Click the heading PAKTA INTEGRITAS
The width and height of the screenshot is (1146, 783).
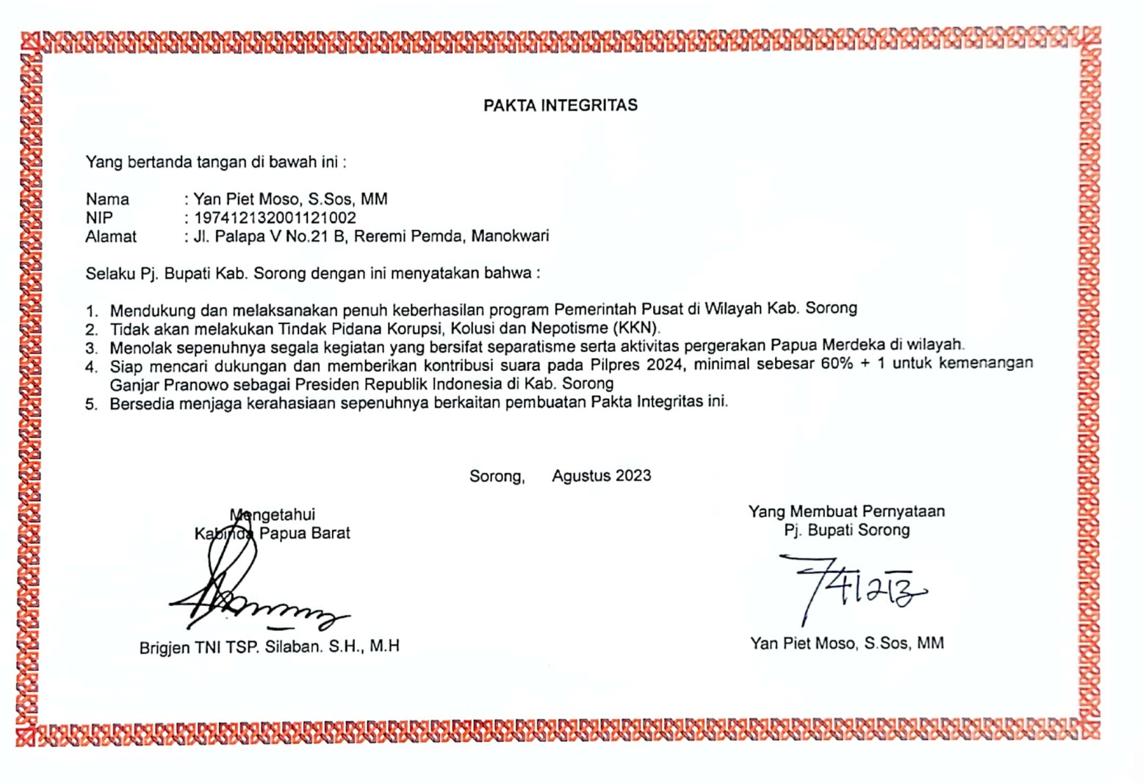560,106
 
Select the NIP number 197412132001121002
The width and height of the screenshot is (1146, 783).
275,218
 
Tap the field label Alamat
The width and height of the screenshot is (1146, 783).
111,237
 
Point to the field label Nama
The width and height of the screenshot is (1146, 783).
107,199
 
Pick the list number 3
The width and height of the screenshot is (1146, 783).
91,348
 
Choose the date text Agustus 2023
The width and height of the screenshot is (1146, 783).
601,476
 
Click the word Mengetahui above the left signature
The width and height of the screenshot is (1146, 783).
273,515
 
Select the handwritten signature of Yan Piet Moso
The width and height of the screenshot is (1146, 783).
852,584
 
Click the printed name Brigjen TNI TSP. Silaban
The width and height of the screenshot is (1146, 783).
269,647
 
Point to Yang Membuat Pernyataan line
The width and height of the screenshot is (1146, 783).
846,511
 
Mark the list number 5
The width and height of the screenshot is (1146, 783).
91,404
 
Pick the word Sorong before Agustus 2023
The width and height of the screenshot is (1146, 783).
497,476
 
